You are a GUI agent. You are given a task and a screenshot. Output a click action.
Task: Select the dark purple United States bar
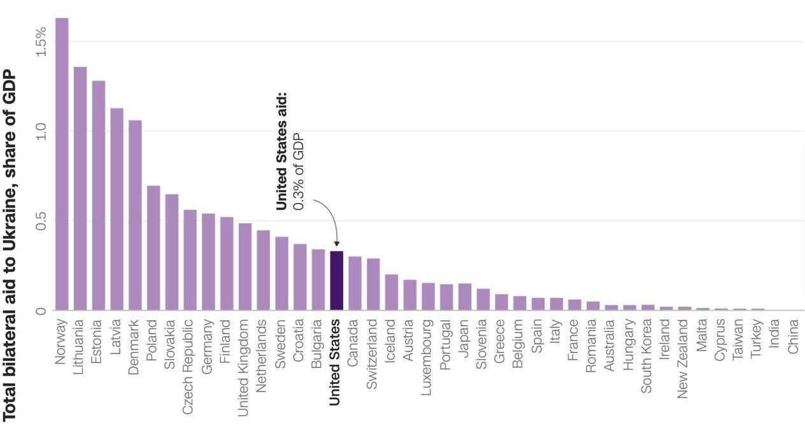336,281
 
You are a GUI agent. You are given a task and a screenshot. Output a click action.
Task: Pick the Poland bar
153,248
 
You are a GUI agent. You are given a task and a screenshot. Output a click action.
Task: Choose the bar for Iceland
392,292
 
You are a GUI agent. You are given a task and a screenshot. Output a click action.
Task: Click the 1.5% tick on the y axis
41,41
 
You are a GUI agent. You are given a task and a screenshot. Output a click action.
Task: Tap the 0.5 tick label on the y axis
41,221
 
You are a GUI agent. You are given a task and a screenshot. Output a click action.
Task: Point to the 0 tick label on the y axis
41,311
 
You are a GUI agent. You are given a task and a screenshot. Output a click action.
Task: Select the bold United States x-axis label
336,362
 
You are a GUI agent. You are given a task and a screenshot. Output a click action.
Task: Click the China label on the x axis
793,336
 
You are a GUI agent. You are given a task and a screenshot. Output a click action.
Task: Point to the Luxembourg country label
427,357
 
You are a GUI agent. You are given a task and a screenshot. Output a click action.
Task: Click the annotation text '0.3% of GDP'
299,172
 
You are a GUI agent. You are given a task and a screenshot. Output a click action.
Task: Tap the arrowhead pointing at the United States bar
336,244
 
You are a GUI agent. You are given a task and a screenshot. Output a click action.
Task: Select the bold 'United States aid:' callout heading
281,152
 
